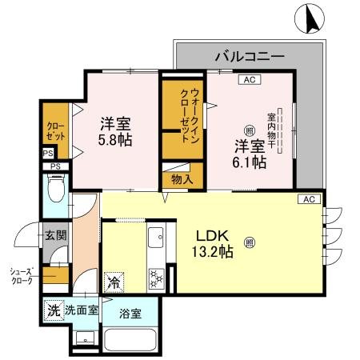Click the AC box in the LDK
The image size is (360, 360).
tap(310, 199)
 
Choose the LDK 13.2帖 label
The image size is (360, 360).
tap(214, 245)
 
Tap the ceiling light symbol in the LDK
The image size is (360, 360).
tap(250, 238)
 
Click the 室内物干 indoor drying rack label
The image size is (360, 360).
tap(272, 125)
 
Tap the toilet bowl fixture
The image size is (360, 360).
tap(57, 190)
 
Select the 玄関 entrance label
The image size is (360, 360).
tap(54, 235)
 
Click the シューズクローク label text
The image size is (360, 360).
tap(20, 275)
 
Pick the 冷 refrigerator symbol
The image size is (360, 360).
tap(114, 282)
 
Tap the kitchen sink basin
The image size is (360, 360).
tap(155, 238)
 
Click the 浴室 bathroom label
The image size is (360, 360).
tap(130, 313)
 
